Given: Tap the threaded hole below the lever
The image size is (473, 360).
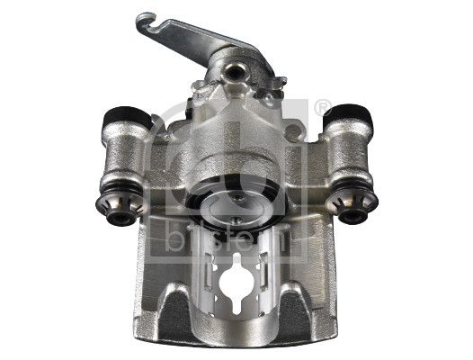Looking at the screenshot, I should click(235, 69).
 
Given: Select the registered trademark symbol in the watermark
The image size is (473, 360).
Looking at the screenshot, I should click(321, 108).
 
